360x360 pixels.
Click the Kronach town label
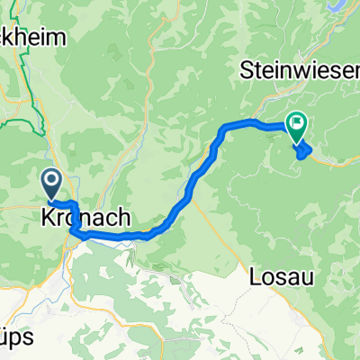(x=86, y=218)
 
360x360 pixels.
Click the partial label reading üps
(x=17, y=338)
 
